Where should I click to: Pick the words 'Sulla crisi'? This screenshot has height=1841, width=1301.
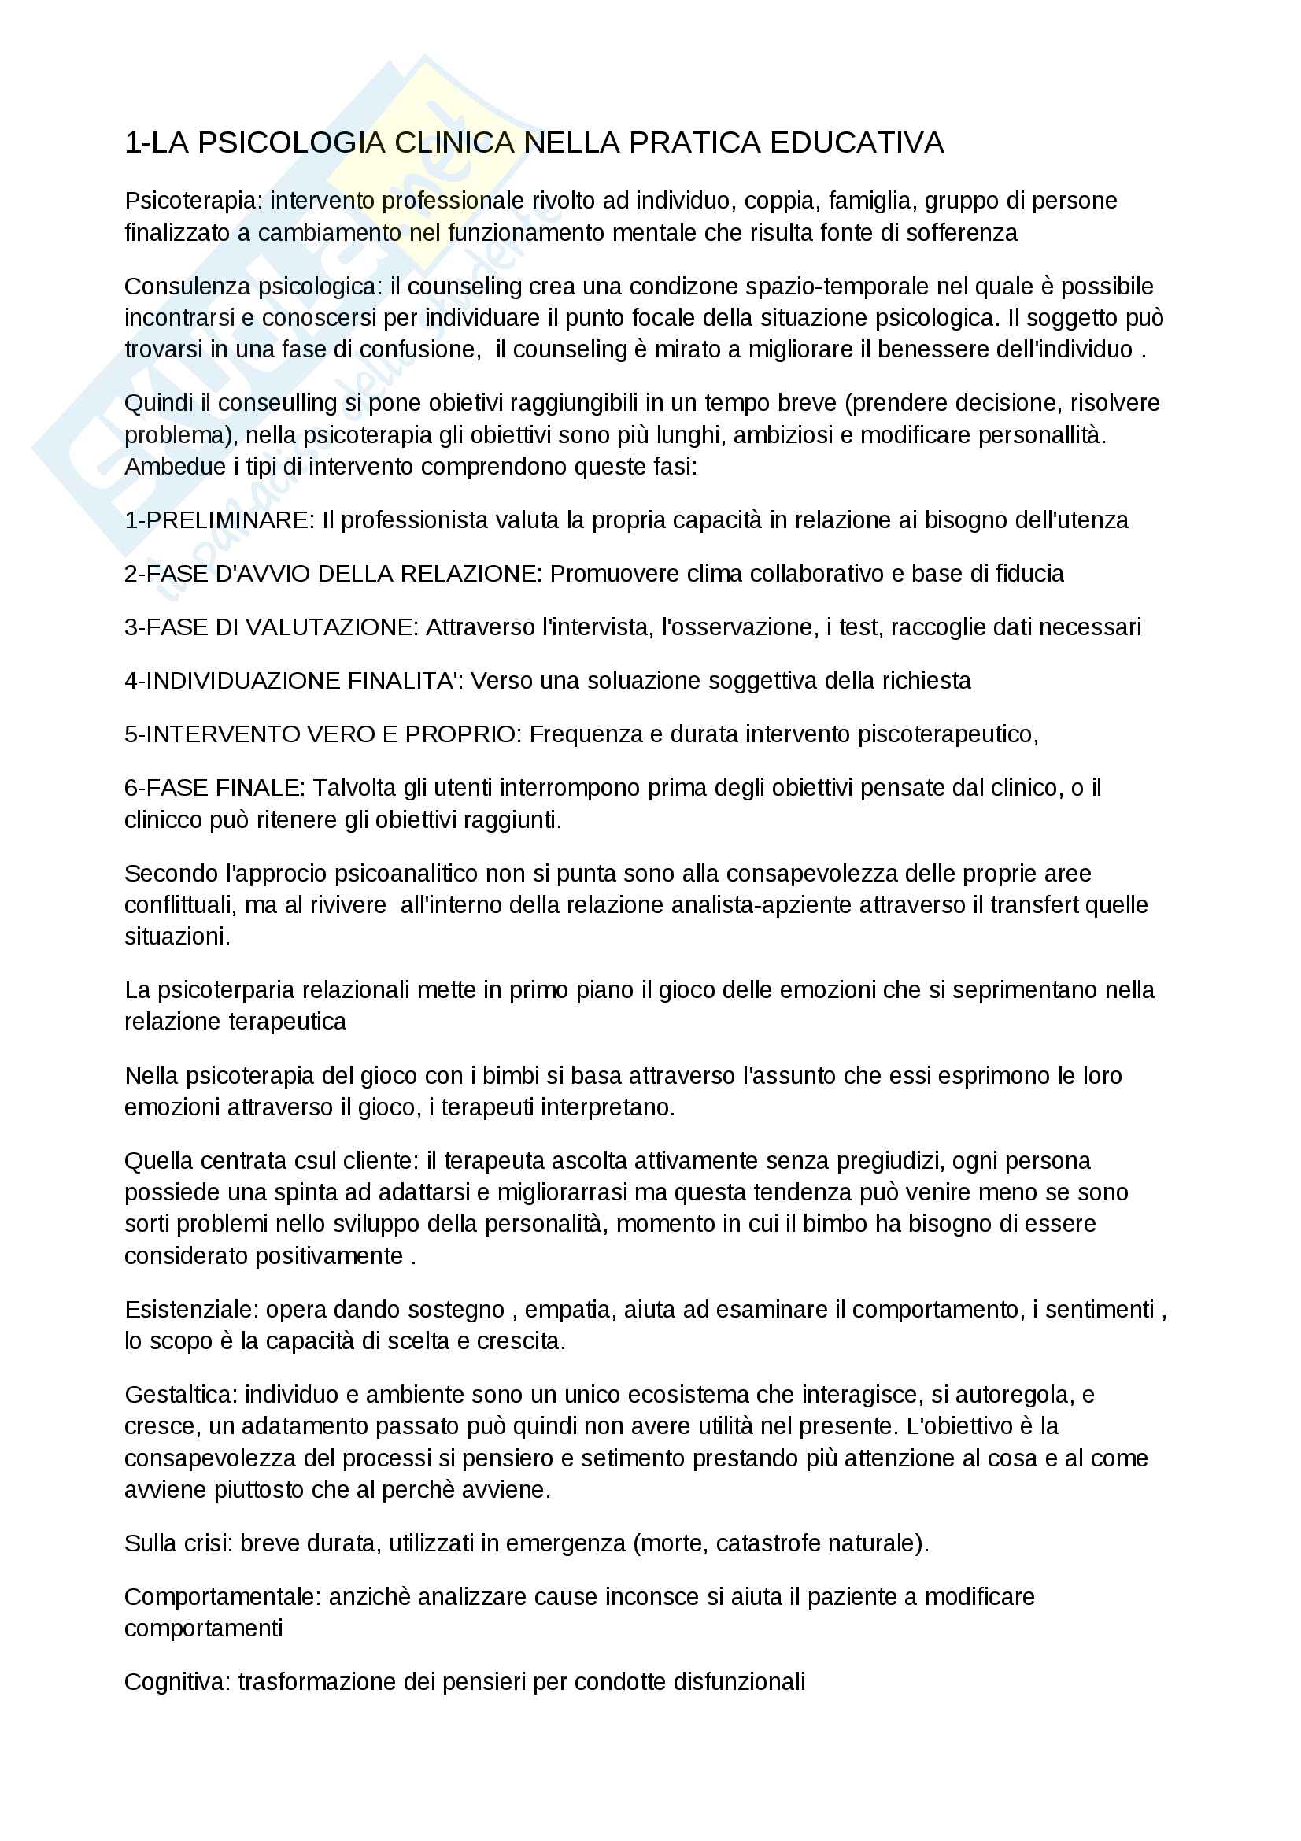pyautogui.click(x=178, y=1543)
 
